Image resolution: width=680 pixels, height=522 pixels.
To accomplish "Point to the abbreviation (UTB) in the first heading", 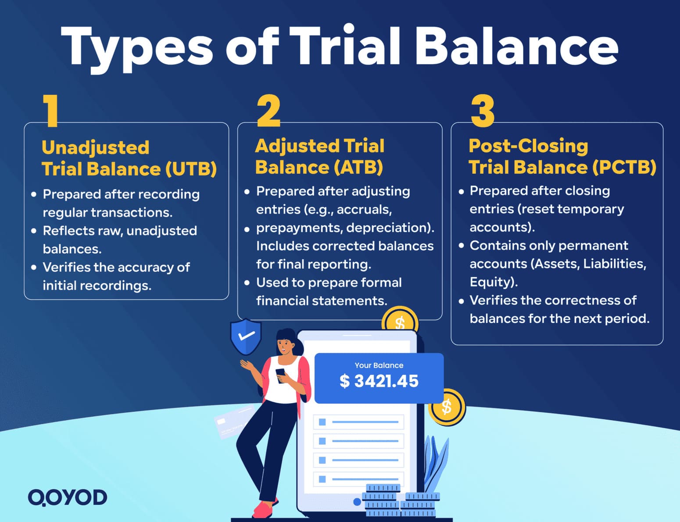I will click(x=191, y=169).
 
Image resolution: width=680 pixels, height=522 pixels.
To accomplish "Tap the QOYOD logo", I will click(x=68, y=497).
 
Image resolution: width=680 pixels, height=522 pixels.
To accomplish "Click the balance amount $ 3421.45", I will click(x=379, y=381).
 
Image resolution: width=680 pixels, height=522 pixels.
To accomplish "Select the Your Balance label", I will click(x=379, y=365).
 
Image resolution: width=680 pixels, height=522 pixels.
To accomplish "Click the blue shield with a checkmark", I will click(x=246, y=336).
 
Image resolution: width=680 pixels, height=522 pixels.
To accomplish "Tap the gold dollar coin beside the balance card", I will click(x=447, y=407).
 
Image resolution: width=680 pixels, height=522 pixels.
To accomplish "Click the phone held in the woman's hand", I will click(x=280, y=375).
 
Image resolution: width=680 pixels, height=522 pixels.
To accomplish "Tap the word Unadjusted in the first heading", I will click(x=95, y=148).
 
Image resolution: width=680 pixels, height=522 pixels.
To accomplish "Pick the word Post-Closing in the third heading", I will click(x=528, y=146).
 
